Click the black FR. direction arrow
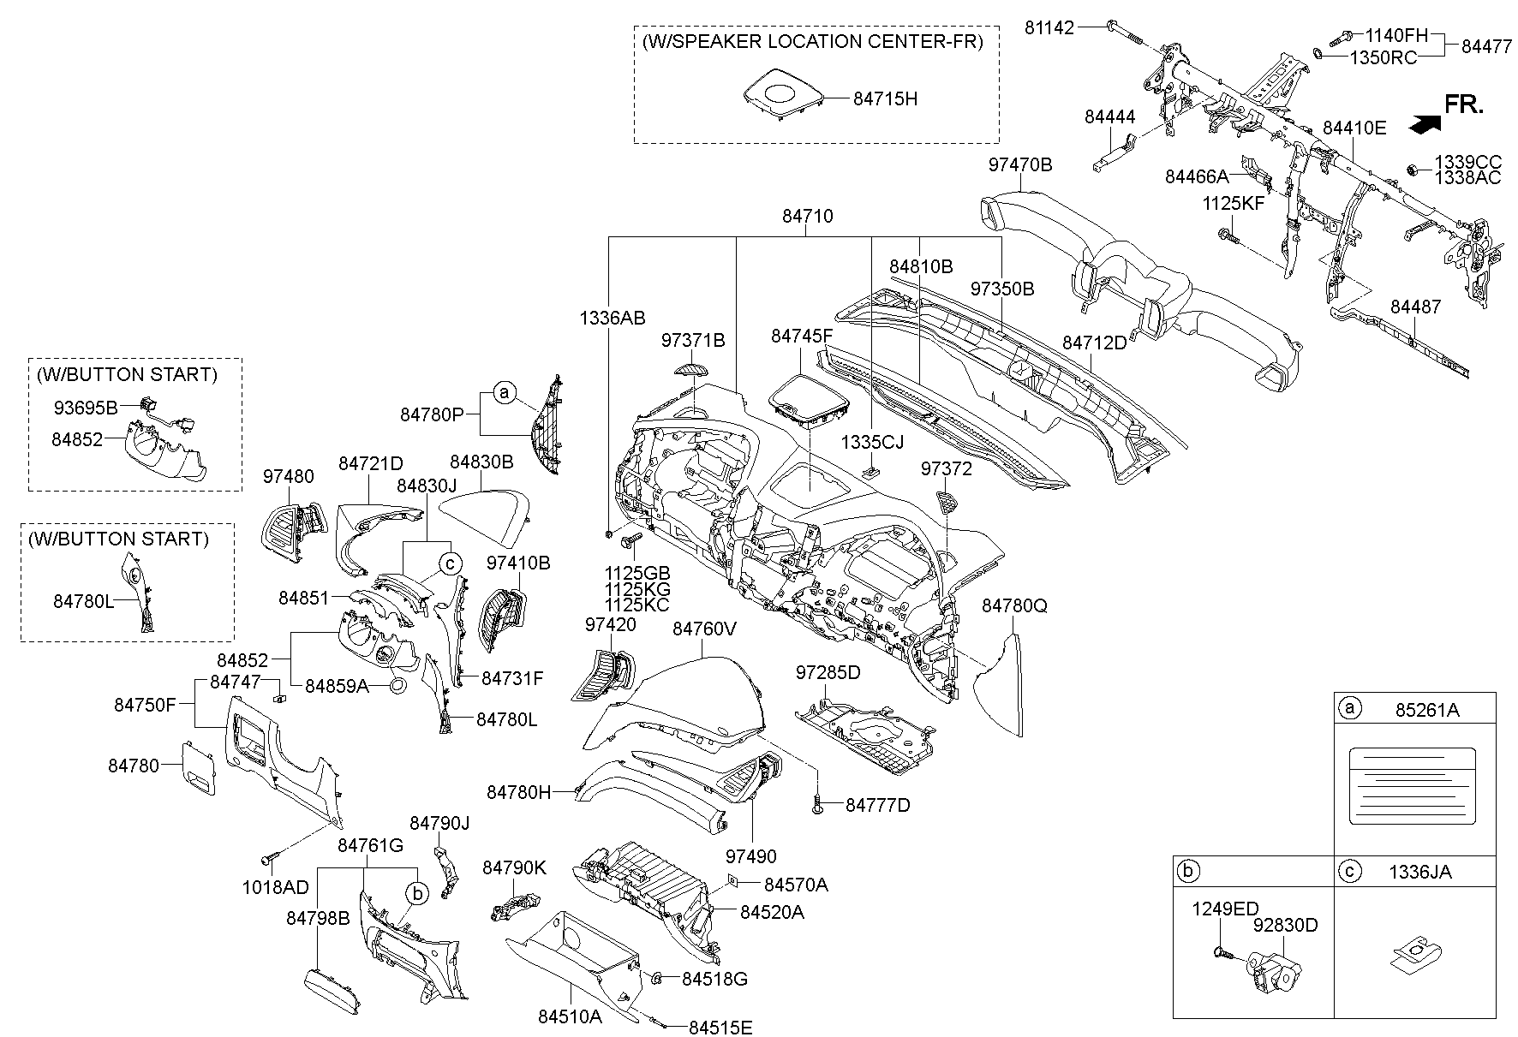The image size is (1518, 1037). (x=1424, y=125)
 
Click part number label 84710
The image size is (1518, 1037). (x=807, y=217)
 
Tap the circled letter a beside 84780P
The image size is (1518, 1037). (x=505, y=393)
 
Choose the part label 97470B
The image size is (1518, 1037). (x=1019, y=165)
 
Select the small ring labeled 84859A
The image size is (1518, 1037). (x=398, y=685)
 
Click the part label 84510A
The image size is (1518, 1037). (x=571, y=1016)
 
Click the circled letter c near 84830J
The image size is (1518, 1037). (x=450, y=563)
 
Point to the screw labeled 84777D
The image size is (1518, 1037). (x=818, y=805)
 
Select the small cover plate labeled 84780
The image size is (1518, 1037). (x=198, y=765)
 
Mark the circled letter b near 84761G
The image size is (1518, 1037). (x=416, y=893)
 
